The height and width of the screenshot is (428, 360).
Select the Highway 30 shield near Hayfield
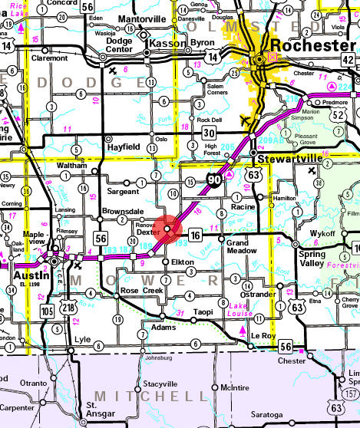[210, 133]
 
